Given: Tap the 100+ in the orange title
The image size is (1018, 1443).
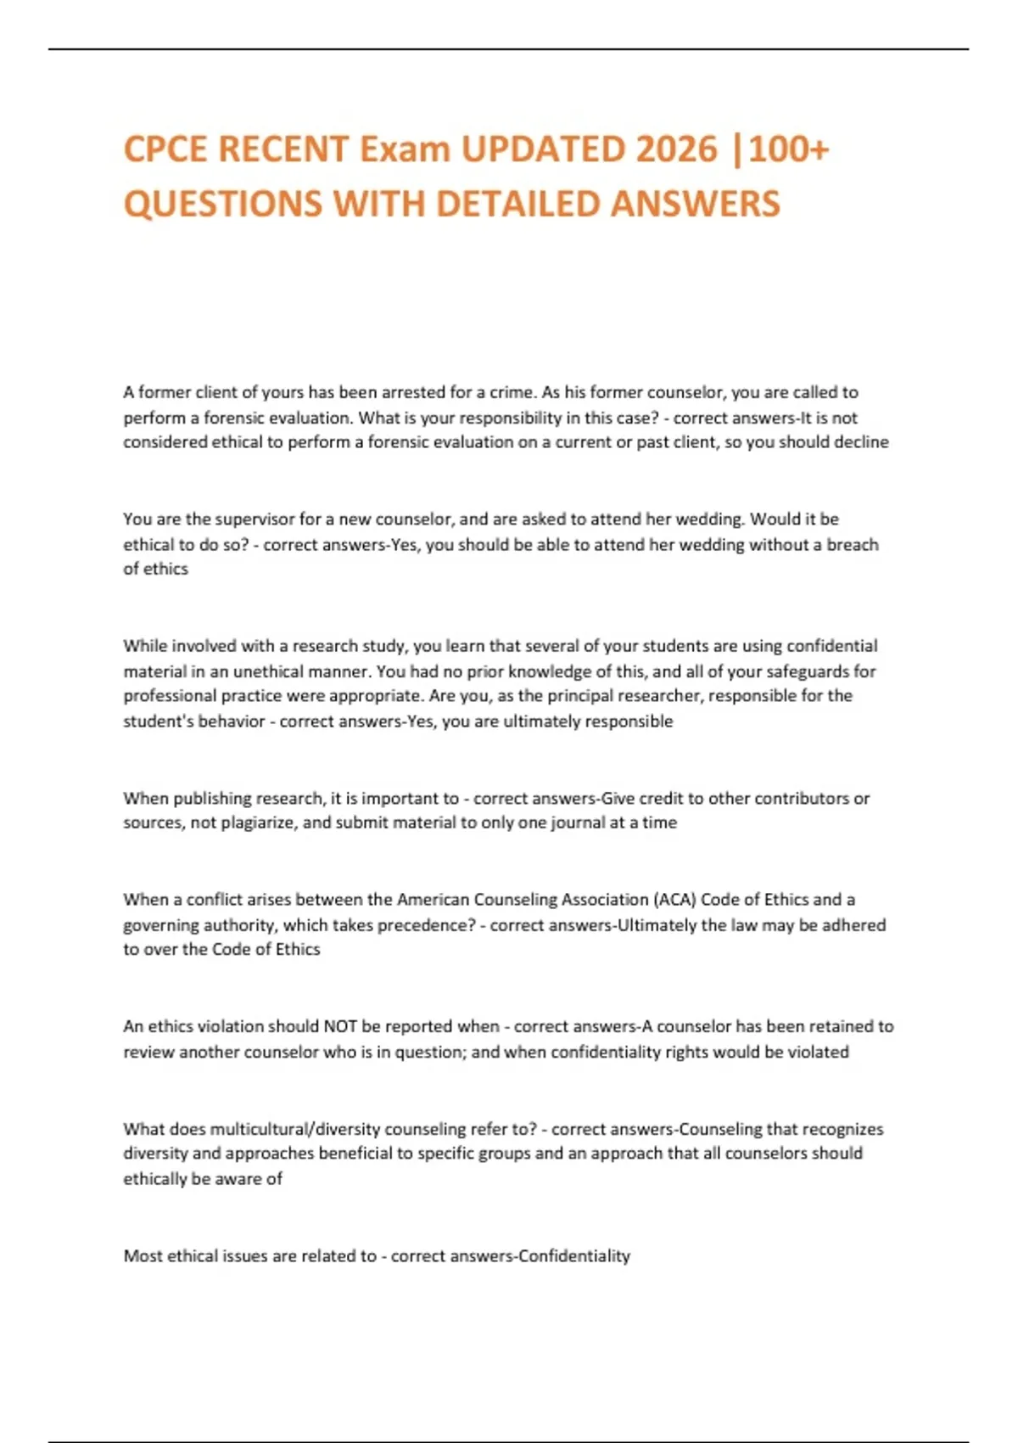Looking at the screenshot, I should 789,149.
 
